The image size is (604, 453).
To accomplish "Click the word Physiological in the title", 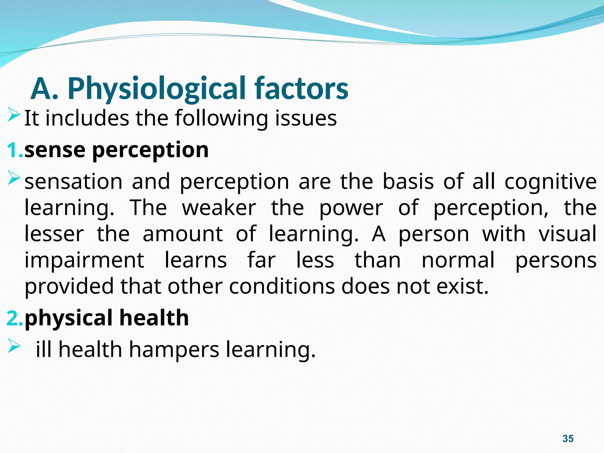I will (x=157, y=89).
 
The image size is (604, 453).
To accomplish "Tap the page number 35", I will (x=568, y=439).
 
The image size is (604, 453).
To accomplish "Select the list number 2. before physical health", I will (x=15, y=318).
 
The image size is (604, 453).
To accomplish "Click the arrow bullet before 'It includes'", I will (x=14, y=115).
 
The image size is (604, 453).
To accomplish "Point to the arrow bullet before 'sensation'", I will (x=14, y=178).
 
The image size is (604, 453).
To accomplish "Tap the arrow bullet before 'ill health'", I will (x=14, y=346).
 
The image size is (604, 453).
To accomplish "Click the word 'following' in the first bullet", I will (x=221, y=119).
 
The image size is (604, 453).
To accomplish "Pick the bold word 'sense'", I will (x=55, y=150).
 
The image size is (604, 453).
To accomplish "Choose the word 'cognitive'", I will (x=550, y=182).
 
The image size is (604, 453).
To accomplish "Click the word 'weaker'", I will (x=219, y=208).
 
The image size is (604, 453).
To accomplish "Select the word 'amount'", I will (x=183, y=234).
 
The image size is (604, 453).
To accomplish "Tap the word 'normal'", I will (x=458, y=260).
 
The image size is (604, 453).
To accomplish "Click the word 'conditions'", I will (x=282, y=286).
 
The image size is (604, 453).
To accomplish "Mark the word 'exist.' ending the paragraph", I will (x=462, y=286).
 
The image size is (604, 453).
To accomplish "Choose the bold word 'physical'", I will (x=68, y=319).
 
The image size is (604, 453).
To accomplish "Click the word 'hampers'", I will (x=174, y=350).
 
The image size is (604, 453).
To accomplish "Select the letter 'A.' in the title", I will (x=44, y=89).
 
